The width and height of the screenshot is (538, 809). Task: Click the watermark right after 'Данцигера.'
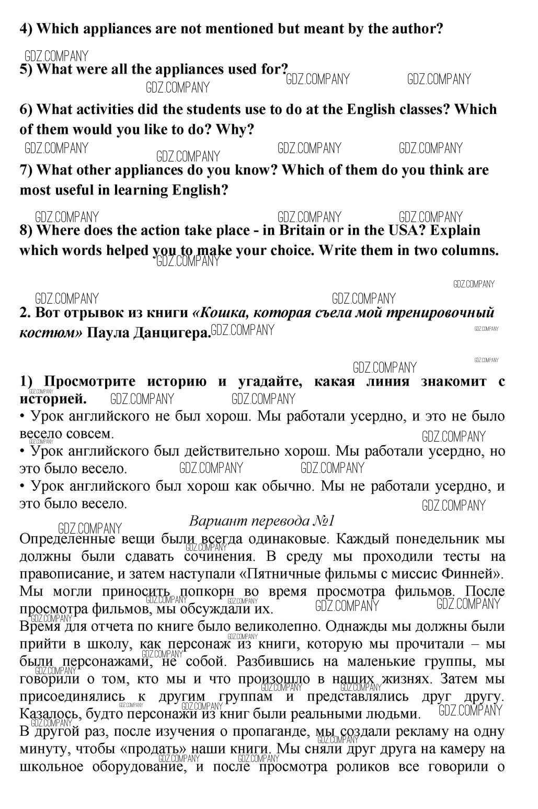(242, 330)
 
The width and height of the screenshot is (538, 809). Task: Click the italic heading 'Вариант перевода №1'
(261, 521)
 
